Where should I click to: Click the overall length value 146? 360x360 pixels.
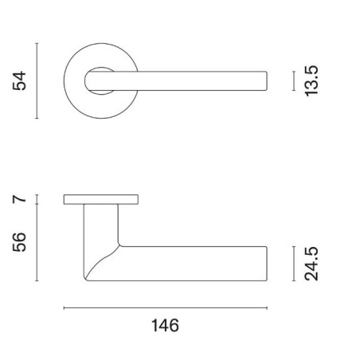pyautogui.click(x=165, y=326)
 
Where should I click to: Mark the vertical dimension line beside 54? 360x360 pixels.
pyautogui.click(x=38, y=80)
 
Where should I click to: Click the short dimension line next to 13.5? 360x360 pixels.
pyautogui.click(x=295, y=80)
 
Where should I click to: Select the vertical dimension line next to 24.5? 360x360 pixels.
pyautogui.click(x=295, y=263)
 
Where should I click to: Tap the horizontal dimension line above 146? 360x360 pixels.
pyautogui.click(x=165, y=307)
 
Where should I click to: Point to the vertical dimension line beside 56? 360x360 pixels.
pyautogui.click(x=38, y=242)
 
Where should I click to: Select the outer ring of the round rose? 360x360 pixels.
pyautogui.click(x=70, y=80)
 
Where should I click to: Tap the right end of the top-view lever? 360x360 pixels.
pyautogui.click(x=264, y=80)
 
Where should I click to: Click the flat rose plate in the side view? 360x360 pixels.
pyautogui.click(x=103, y=198)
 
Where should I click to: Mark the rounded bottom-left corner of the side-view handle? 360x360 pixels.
pyautogui.click(x=88, y=276)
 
